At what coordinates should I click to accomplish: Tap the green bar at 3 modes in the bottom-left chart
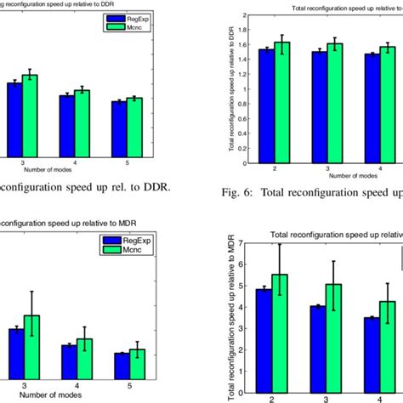[x=32, y=348]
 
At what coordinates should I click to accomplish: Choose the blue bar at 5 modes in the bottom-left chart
[x=122, y=366]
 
